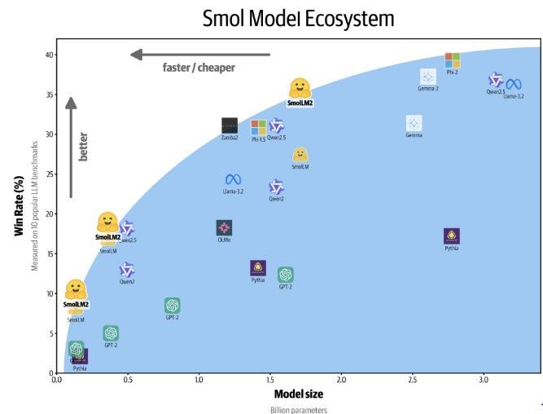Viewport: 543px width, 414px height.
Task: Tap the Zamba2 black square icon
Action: (230, 126)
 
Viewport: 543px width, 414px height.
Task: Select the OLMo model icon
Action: (224, 228)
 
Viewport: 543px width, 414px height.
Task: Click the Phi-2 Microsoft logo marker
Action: (453, 60)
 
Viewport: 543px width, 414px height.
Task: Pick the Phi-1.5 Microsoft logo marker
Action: (259, 127)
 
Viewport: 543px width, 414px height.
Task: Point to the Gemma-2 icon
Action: (428, 77)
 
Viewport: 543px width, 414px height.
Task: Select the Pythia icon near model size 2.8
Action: (452, 236)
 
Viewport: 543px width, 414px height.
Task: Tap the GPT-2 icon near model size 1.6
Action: (285, 275)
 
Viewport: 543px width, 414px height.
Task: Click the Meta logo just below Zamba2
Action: (234, 179)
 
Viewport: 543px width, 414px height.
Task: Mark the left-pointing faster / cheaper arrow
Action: (200, 55)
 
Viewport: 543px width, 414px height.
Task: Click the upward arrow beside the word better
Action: (71, 147)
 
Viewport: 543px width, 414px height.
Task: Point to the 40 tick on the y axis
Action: (49, 55)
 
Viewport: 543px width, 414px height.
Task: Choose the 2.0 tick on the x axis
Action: (341, 380)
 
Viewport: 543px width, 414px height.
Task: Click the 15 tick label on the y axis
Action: (49, 253)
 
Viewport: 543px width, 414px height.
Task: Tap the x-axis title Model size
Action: (298, 394)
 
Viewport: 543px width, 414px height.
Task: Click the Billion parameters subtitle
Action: (298, 409)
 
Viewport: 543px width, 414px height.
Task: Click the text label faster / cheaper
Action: (199, 68)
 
